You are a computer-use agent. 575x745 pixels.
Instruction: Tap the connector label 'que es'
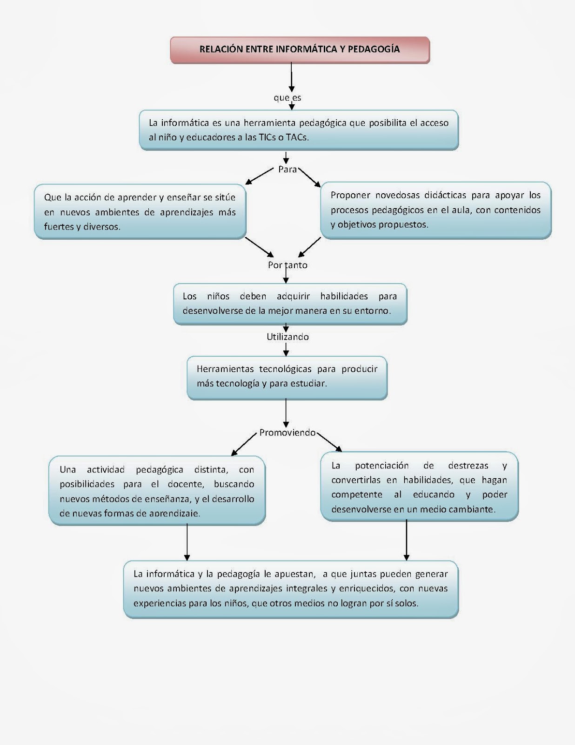(287, 98)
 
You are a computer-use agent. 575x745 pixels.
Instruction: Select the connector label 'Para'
(287, 169)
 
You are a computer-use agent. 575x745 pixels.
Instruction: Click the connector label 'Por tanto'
(287, 265)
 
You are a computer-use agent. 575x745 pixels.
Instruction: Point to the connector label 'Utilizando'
(287, 337)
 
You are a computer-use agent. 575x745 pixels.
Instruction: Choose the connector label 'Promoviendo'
(287, 433)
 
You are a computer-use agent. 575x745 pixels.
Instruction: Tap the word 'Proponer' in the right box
(350, 195)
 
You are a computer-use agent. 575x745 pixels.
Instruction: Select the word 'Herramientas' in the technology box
(225, 369)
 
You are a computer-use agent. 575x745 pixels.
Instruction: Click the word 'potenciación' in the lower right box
(381, 465)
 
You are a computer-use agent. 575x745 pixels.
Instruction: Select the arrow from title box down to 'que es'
(292, 77)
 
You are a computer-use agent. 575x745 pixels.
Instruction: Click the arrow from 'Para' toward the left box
(260, 176)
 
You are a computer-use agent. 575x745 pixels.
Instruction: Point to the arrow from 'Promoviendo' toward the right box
(329, 441)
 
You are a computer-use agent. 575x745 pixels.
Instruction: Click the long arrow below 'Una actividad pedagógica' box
(187, 542)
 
